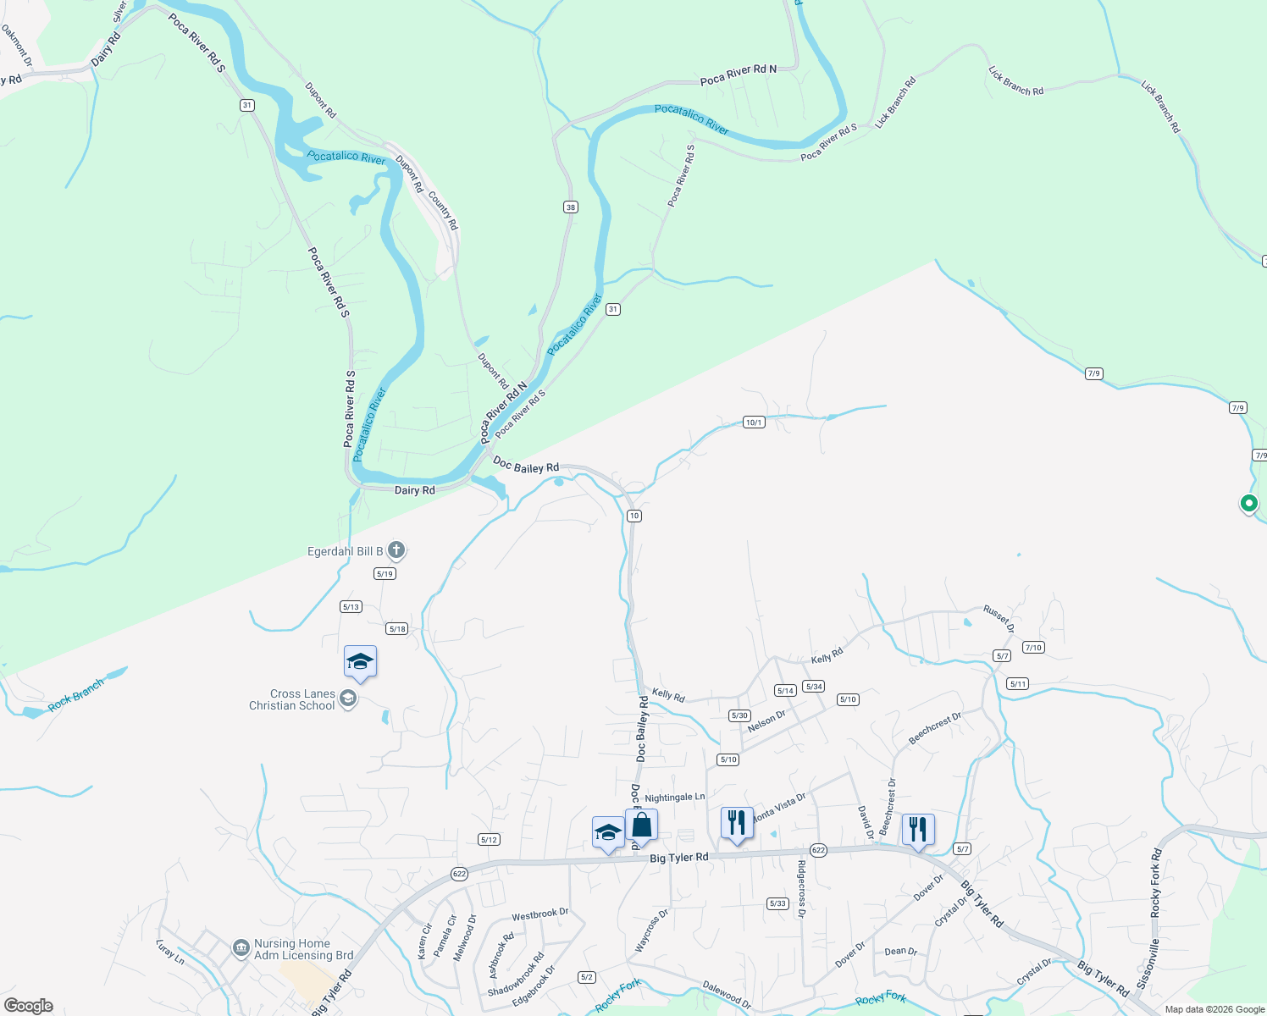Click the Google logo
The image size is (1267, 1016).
pyautogui.click(x=29, y=1006)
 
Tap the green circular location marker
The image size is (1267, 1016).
pyautogui.click(x=1248, y=503)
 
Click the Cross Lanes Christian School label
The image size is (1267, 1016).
pyautogui.click(x=292, y=699)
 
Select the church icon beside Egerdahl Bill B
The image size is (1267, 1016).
pyautogui.click(x=396, y=551)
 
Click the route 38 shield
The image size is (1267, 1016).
pyautogui.click(x=570, y=207)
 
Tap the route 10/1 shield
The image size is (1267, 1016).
pyautogui.click(x=754, y=422)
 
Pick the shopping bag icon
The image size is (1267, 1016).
pyautogui.click(x=641, y=825)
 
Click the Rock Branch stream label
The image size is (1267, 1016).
pyautogui.click(x=76, y=694)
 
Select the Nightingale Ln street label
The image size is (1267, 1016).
pyautogui.click(x=674, y=798)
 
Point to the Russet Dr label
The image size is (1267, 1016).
pyautogui.click(x=999, y=619)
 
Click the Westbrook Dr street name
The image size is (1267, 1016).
pyautogui.click(x=540, y=914)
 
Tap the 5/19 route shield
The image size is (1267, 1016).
pyautogui.click(x=385, y=574)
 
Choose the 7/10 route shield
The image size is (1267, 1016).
pyautogui.click(x=1033, y=648)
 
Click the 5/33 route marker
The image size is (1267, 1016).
pyautogui.click(x=777, y=903)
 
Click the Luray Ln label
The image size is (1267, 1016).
pyautogui.click(x=170, y=951)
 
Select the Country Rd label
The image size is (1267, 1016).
pyautogui.click(x=443, y=211)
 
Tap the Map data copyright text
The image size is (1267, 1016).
pyautogui.click(x=1214, y=1009)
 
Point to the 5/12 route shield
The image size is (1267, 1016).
pyautogui.click(x=489, y=840)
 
